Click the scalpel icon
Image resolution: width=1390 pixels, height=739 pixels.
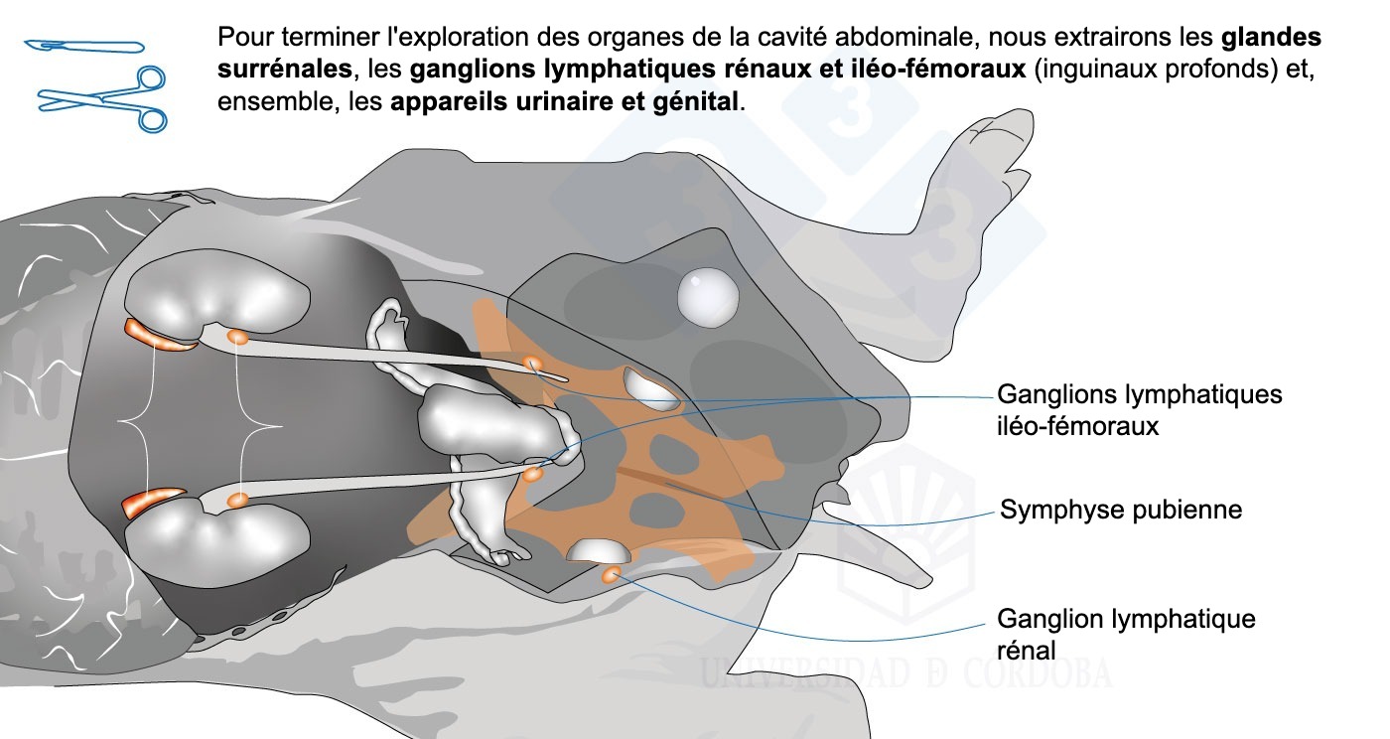tap(83, 46)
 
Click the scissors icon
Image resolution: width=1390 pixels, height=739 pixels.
tap(103, 98)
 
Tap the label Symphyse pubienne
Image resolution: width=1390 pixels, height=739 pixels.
tap(1121, 511)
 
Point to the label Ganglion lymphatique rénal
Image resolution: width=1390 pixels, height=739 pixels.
tap(1126, 634)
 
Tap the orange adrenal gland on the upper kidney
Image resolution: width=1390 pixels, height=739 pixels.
tap(154, 336)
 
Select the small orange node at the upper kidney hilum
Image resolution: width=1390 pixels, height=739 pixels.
tap(237, 338)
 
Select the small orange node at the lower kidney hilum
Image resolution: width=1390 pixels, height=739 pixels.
tap(236, 500)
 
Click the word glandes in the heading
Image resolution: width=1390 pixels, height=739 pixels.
tap(1271, 39)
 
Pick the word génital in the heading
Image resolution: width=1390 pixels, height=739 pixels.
tap(694, 102)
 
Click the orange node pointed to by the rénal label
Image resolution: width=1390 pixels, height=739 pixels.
tap(611, 573)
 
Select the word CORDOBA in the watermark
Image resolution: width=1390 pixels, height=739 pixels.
tap(1037, 672)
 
